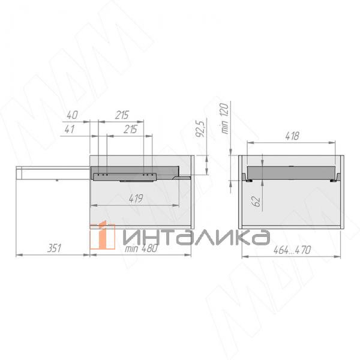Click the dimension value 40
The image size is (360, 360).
73,115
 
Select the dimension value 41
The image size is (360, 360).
70,129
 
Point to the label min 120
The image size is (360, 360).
225,118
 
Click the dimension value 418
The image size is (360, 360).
292,136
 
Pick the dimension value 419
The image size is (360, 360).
136,199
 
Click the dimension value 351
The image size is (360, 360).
55,248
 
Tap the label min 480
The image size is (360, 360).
141,248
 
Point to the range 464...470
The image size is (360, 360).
292,250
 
